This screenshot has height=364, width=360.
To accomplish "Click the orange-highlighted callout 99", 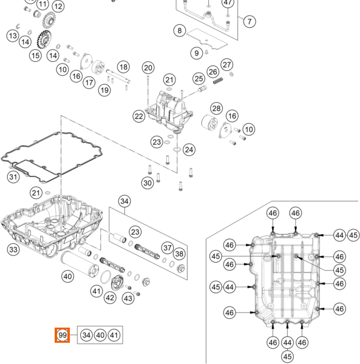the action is click(x=63, y=335).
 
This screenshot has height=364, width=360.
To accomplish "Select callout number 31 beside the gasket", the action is click(x=13, y=177).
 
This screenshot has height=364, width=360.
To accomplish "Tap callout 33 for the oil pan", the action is click(x=13, y=249).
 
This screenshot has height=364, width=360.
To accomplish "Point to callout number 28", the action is click(x=217, y=108).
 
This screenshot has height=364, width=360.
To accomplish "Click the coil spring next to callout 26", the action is click(x=219, y=81).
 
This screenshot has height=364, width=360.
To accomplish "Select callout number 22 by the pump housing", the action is click(x=139, y=116).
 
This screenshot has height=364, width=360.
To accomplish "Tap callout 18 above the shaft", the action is click(x=123, y=67).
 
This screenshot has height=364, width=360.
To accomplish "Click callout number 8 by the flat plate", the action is click(x=180, y=30).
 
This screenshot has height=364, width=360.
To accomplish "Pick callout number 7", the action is click(x=250, y=22).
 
